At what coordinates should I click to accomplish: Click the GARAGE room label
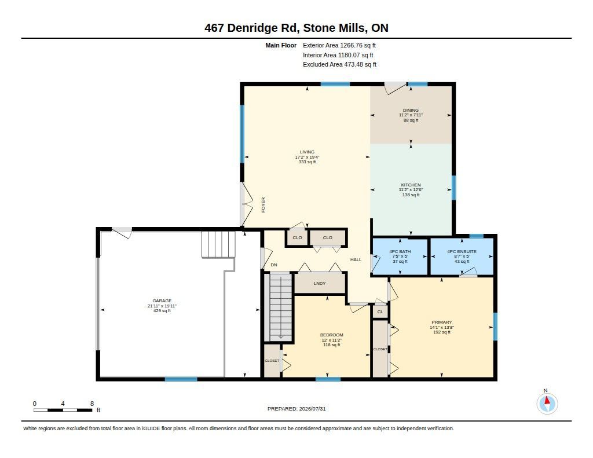coord(162,301)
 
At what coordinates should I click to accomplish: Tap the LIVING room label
coord(307,152)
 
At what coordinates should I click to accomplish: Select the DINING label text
coord(411,111)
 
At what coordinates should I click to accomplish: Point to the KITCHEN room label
coord(411,185)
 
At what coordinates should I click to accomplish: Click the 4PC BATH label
coord(400,251)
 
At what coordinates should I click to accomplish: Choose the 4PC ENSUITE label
coord(462,251)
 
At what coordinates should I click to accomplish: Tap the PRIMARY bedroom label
coord(442,323)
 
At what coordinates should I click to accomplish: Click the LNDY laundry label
coord(320,283)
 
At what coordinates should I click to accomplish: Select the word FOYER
coord(263,205)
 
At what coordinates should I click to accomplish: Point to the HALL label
coord(356,259)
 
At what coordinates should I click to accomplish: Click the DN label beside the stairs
coord(274,265)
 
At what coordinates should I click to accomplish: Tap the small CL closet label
coord(380,312)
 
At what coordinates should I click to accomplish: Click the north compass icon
coord(547,403)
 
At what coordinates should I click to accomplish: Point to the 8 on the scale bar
coord(92,404)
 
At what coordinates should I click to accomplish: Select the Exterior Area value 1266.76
coord(352,45)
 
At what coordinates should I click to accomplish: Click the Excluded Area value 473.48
coord(355,65)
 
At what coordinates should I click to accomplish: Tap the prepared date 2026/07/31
coord(312,409)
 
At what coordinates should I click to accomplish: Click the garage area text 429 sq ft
coord(162,311)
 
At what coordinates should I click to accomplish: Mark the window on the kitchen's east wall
coord(454,188)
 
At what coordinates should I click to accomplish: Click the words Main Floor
coord(281,45)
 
